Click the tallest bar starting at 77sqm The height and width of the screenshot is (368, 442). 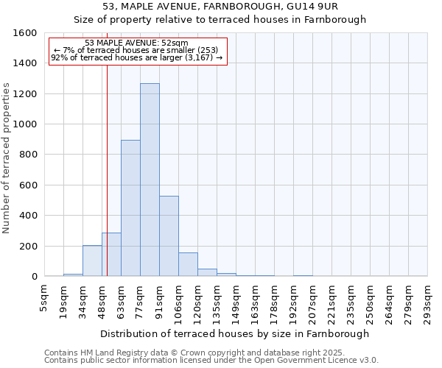150,180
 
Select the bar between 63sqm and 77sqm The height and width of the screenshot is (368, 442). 130,208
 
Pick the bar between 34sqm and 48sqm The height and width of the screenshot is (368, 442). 92,261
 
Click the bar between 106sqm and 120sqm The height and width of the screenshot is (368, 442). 188,264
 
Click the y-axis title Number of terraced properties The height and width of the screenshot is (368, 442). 7,158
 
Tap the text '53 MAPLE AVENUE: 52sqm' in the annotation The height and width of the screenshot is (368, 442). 136,43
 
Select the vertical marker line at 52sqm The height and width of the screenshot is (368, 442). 107,169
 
